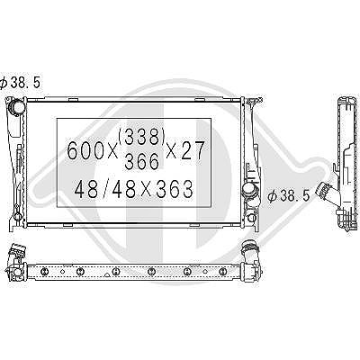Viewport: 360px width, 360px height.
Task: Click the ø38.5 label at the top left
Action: [x=20, y=83]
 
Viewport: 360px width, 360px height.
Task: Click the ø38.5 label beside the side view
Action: [x=289, y=196]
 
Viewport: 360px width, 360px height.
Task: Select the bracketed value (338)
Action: [x=142, y=137]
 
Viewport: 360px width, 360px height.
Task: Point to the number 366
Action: [x=141, y=162]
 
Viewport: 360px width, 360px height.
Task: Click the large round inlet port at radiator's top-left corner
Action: [x=15, y=106]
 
